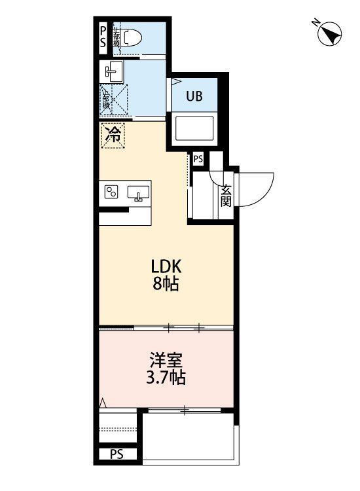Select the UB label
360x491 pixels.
click(194, 96)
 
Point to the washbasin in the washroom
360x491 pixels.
click(113, 71)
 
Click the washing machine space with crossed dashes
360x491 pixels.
click(115, 101)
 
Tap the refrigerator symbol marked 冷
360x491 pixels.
click(113, 136)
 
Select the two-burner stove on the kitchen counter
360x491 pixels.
click(111, 192)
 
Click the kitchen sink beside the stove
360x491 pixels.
click(138, 192)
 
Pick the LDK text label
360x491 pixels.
click(166, 267)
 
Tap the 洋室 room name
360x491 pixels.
click(166, 361)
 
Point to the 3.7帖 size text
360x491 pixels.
click(166, 378)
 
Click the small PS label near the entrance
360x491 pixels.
click(198, 158)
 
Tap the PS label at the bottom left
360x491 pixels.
click(117, 454)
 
